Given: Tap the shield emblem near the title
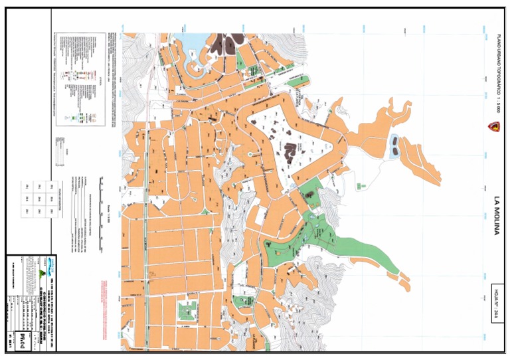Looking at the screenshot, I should click(492, 127).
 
